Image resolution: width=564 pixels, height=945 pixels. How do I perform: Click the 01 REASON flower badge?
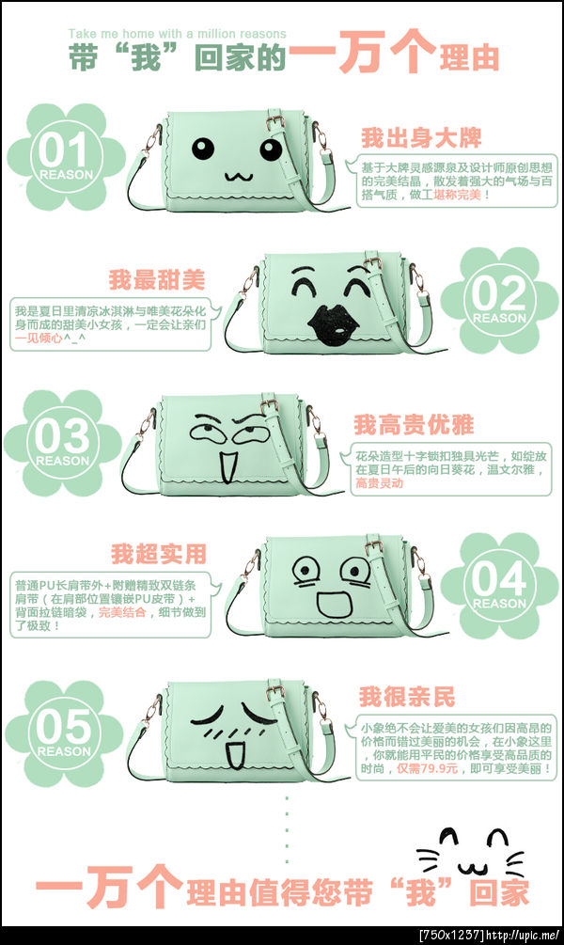[65, 156]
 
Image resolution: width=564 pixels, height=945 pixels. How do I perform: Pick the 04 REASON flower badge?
[499, 585]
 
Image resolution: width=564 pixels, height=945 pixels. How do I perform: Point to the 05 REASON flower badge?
[64, 732]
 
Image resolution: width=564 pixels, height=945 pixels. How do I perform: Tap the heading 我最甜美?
[156, 279]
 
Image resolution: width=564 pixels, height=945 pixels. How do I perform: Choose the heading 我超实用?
[158, 553]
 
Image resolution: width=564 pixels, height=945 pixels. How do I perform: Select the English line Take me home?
[177, 34]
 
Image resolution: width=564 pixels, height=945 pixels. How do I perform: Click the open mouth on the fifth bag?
[231, 752]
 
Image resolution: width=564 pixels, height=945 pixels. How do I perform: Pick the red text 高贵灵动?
[379, 483]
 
